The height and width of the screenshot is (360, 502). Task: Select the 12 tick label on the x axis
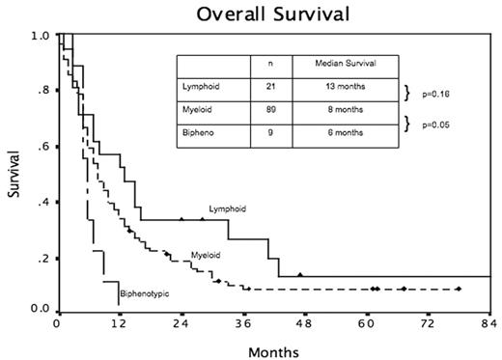(x=119, y=325)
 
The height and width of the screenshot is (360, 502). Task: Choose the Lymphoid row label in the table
(x=201, y=90)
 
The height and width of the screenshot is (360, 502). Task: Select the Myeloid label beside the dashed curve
(x=204, y=255)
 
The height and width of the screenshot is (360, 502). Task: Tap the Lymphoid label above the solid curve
(x=227, y=208)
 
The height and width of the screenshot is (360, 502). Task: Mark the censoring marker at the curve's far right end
(x=459, y=289)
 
